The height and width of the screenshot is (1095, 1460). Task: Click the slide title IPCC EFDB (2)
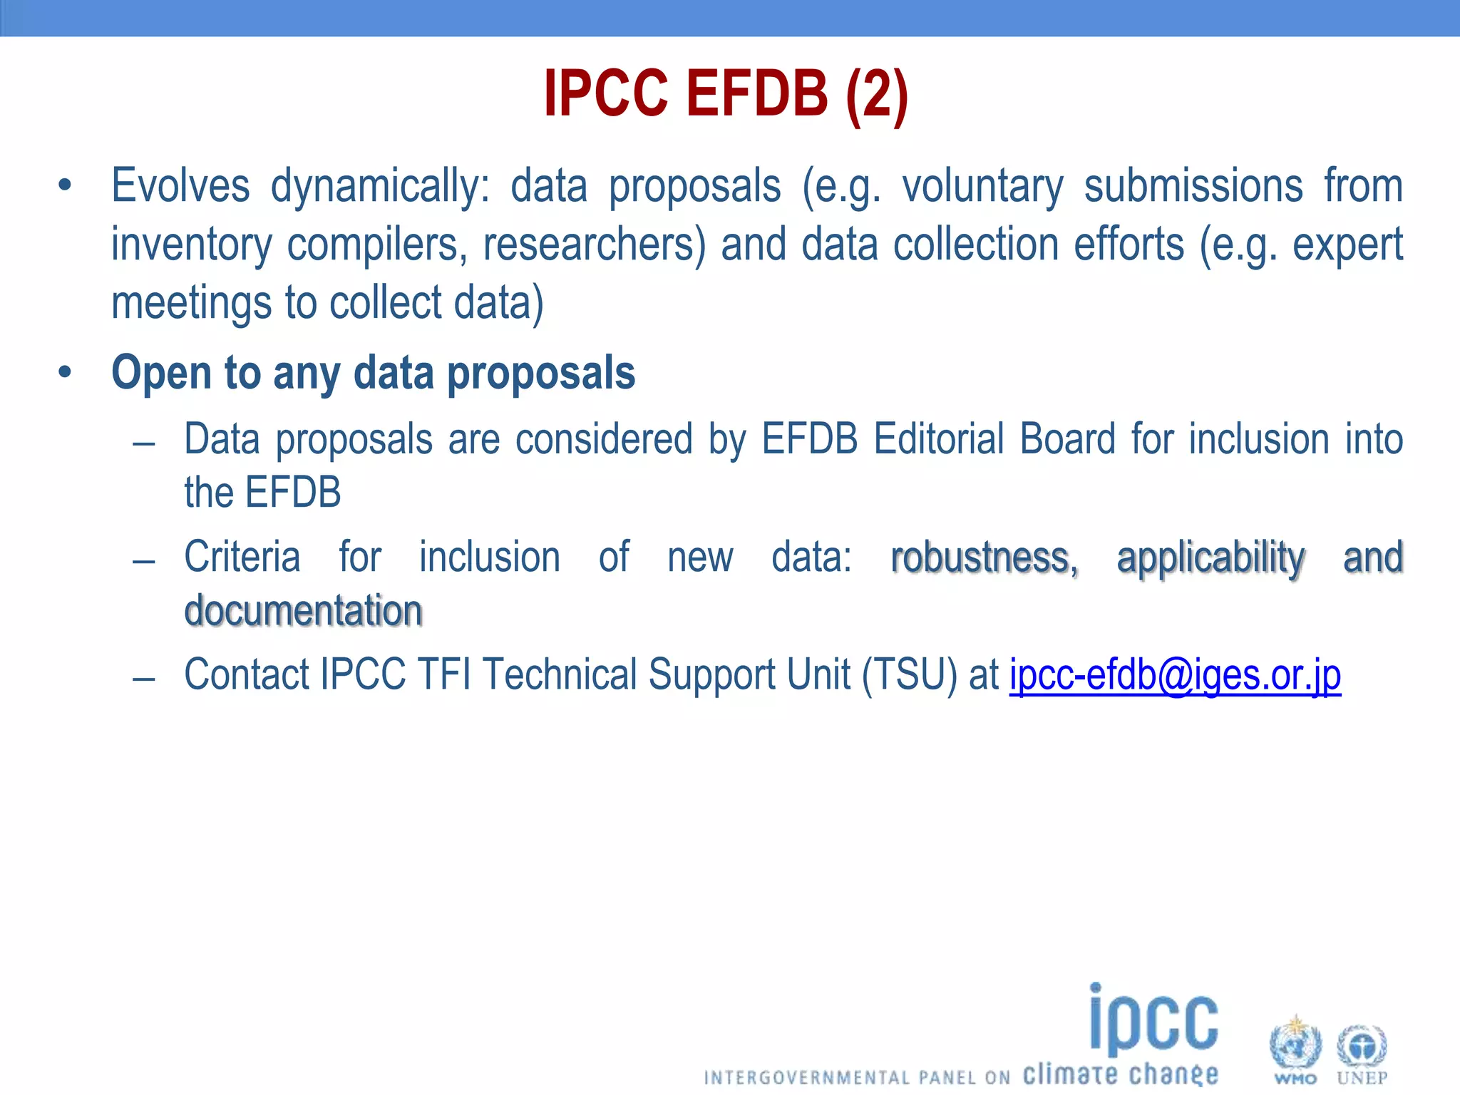click(726, 94)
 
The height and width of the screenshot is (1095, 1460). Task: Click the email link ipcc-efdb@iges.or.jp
click(1175, 675)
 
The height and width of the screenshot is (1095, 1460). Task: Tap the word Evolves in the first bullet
click(180, 186)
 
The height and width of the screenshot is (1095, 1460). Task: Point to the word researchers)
click(594, 245)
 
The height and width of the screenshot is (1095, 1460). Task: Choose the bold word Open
click(161, 374)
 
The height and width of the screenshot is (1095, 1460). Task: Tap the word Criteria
click(242, 557)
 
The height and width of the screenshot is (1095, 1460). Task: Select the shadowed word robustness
click(984, 557)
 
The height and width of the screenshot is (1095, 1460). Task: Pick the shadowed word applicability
click(1210, 557)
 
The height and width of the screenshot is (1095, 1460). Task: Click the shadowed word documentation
click(304, 611)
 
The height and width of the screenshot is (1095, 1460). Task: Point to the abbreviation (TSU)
click(909, 675)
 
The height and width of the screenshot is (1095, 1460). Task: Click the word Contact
click(246, 675)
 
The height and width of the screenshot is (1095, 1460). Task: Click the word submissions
click(1193, 186)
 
